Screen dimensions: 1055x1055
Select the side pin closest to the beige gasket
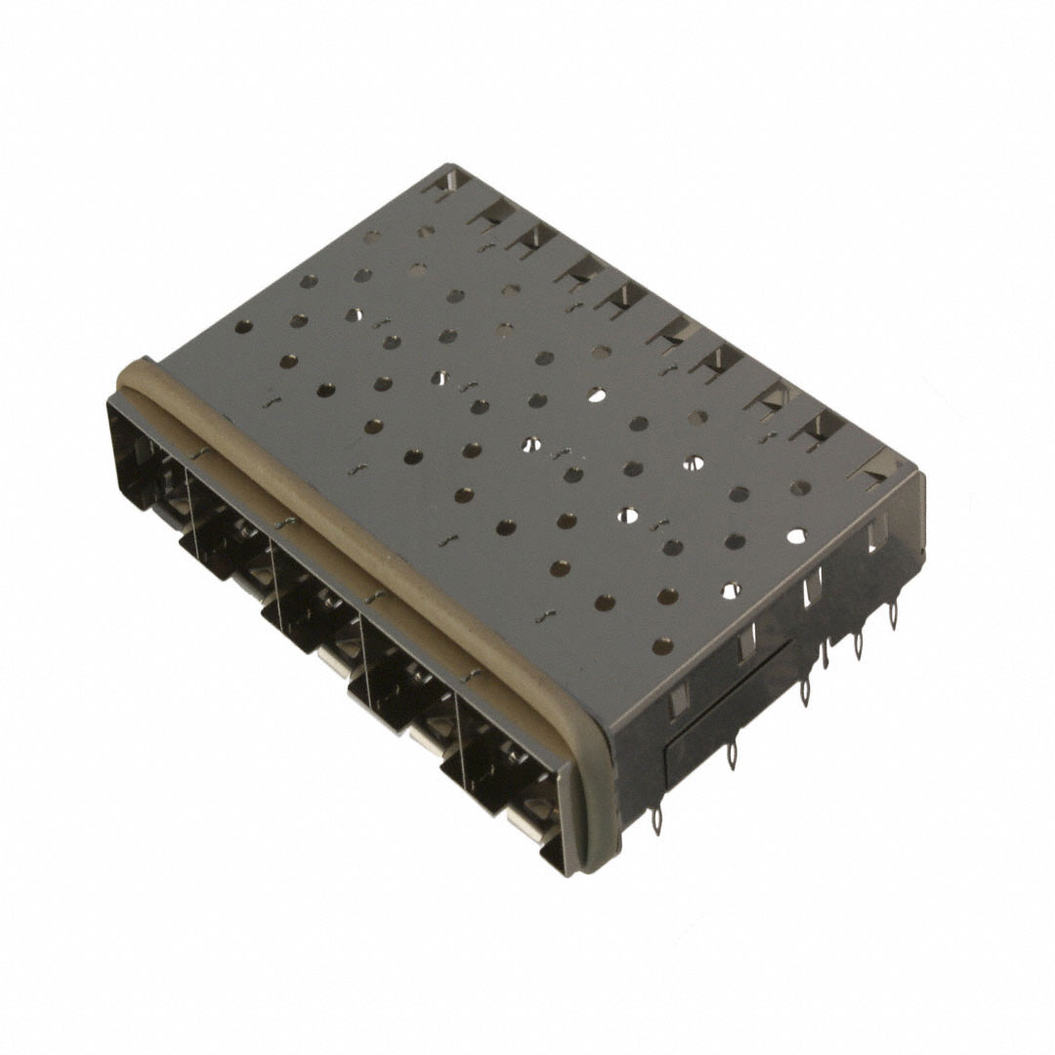tap(657, 821)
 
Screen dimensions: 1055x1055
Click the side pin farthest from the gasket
tap(892, 614)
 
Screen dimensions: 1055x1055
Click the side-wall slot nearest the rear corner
tap(875, 532)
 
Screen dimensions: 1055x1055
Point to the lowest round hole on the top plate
tap(661, 645)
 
